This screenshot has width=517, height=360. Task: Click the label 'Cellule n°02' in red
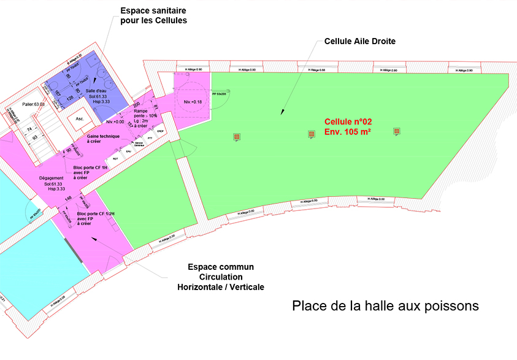348,122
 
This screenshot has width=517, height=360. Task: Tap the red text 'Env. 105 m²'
348,132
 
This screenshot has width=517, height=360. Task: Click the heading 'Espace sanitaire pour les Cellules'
153,16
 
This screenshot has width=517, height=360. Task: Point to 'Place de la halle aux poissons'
385,305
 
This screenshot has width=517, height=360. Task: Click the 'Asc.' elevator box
79,118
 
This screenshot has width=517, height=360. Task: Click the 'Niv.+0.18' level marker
193,101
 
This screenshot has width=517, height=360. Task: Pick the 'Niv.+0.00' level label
115,122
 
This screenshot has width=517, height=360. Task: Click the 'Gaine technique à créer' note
102,138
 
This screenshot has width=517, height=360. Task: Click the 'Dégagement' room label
51,178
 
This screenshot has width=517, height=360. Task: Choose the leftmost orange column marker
236,136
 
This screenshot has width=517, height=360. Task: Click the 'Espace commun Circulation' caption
221,272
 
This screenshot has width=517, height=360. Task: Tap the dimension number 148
69,198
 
